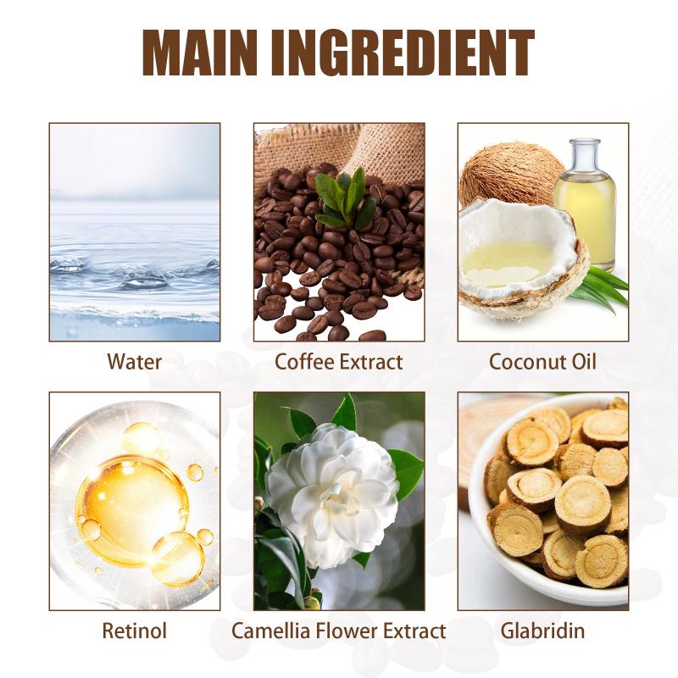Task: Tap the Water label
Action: point(135,362)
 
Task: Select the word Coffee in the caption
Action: point(302,362)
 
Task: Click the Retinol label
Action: point(135,631)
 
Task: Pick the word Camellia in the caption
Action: point(270,631)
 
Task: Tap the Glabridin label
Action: point(542,631)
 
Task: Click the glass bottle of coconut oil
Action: point(586,203)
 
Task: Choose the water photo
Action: point(135,232)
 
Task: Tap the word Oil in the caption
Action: point(584,362)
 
